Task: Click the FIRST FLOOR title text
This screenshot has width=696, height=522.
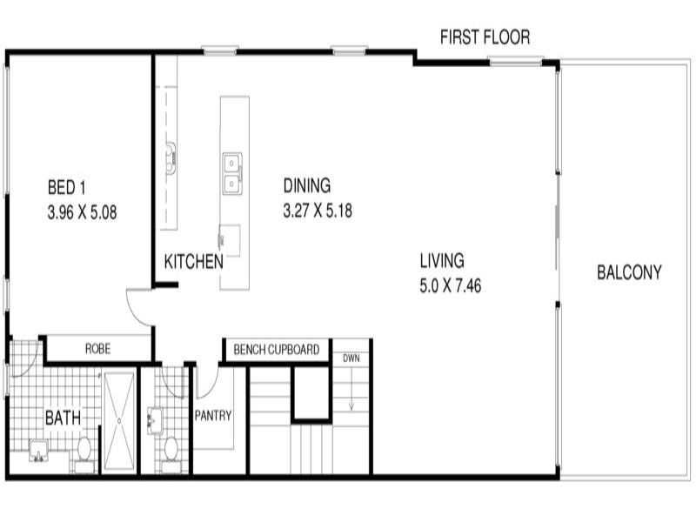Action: (x=485, y=37)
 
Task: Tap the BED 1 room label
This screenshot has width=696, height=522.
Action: (x=67, y=187)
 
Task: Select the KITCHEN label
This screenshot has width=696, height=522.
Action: (x=193, y=261)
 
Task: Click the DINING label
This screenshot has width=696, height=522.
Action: (x=307, y=185)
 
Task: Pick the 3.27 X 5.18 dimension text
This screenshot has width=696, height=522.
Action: (x=317, y=210)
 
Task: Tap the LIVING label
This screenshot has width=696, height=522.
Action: (x=442, y=260)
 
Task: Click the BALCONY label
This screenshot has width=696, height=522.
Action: (x=629, y=272)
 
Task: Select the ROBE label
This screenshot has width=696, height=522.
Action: (x=97, y=349)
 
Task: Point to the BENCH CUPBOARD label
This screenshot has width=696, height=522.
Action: (x=276, y=351)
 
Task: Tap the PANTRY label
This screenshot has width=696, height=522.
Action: (x=213, y=416)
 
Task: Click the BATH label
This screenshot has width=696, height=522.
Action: (x=63, y=418)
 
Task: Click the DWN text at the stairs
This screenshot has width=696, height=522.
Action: (x=351, y=358)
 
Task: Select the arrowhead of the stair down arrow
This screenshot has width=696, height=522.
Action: (x=351, y=407)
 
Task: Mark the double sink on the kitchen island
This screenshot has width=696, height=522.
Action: (x=232, y=173)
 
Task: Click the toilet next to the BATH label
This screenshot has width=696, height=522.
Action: (x=84, y=449)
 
